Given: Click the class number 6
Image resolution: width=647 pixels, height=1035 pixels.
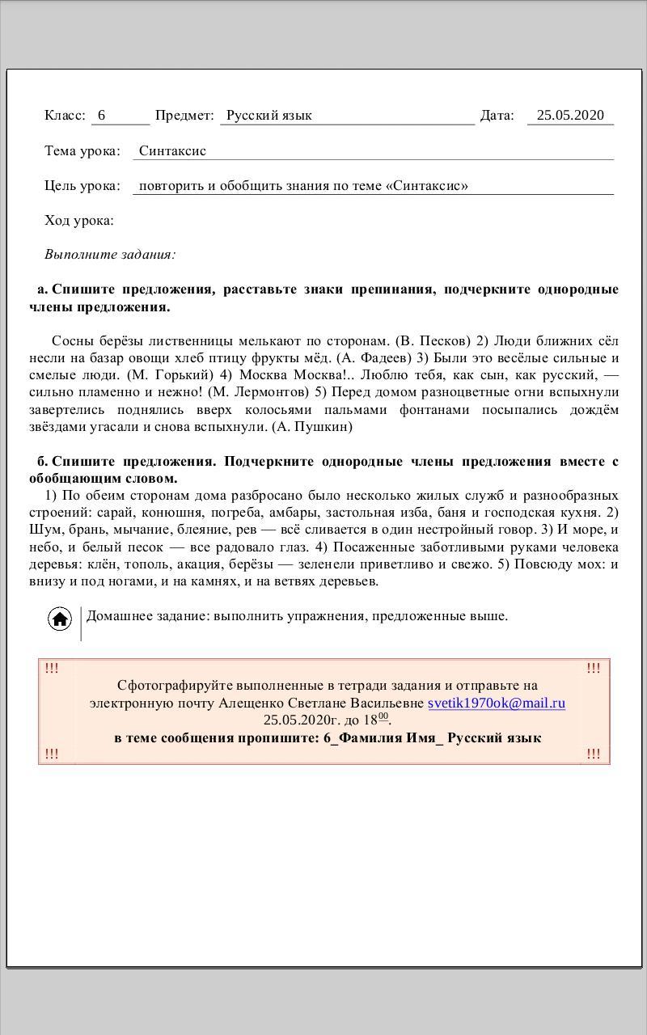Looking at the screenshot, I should point(102,115).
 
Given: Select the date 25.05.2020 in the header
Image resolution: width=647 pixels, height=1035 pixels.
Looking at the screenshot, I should point(570,115).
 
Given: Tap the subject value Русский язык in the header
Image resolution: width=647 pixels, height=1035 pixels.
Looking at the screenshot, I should point(269,115).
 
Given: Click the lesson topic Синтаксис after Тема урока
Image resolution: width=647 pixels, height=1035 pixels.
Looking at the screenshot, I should point(172,150).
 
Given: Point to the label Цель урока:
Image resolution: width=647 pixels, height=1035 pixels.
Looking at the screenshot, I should point(82,185).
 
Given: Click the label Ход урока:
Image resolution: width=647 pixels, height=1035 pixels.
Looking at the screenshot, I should point(79,221).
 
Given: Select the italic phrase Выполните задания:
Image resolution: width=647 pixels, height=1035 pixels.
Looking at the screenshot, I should point(110,254).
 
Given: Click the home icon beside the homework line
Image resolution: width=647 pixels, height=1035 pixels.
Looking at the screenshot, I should point(60,619).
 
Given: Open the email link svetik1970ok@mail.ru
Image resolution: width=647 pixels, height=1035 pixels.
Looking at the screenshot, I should point(497,703).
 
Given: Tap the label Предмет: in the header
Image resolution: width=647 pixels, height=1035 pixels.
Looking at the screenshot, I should point(184,115).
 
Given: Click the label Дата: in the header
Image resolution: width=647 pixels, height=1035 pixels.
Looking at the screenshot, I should point(497,115).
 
